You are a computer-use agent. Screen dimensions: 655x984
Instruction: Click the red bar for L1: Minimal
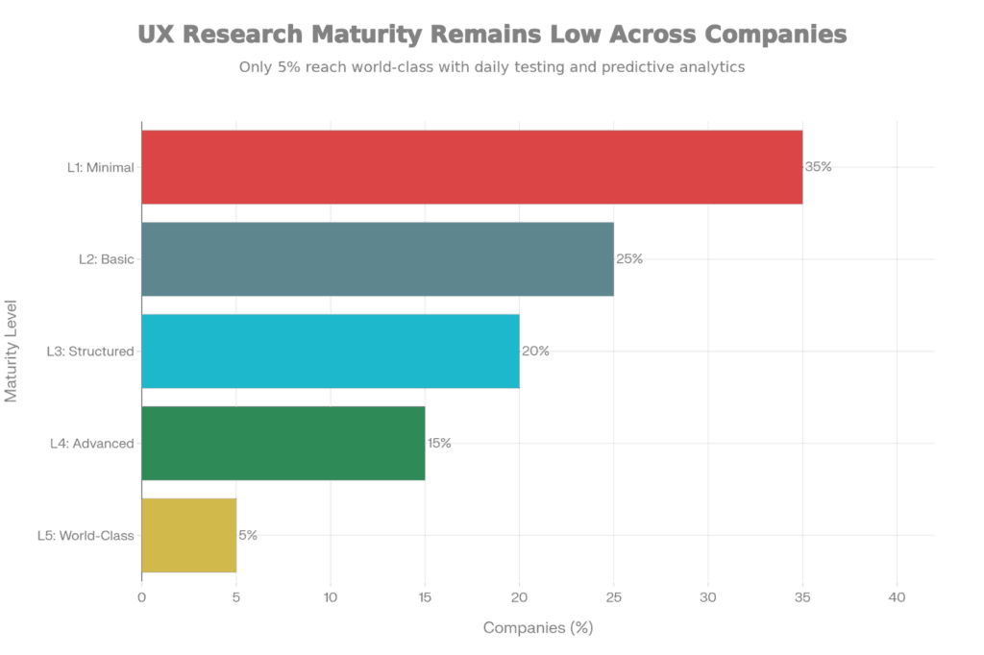471,167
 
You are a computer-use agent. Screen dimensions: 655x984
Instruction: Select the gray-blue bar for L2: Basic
378,259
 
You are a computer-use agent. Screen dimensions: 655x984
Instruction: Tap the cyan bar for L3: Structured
331,352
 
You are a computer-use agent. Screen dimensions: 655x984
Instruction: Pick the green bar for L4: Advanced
283,444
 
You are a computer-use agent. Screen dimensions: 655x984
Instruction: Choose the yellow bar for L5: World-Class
189,536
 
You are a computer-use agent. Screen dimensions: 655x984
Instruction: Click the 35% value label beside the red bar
819,167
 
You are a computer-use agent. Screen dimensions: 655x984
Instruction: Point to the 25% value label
629,259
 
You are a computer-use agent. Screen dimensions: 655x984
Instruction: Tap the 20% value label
535,352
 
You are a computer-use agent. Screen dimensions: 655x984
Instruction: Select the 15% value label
439,444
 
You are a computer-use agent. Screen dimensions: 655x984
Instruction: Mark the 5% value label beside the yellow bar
248,536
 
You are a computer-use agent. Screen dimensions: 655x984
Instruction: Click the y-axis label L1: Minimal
101,167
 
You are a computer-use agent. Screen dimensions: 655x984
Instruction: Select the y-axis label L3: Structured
90,352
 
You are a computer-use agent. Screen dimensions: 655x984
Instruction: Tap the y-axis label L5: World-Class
86,536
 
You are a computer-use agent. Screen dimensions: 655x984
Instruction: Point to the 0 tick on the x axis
142,597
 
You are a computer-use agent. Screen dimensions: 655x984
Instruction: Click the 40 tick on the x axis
898,597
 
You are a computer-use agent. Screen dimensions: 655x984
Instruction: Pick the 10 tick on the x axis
331,597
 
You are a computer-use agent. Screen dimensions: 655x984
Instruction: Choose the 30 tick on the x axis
708,597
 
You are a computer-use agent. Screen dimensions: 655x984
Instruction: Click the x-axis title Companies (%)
538,628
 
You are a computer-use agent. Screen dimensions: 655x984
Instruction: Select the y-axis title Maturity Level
12,352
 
